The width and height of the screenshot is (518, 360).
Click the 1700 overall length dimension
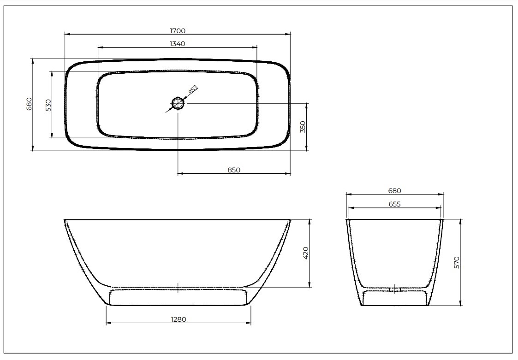click(x=177, y=30)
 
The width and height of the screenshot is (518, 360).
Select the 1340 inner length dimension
click(x=177, y=44)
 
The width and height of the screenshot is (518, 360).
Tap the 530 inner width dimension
click(x=48, y=105)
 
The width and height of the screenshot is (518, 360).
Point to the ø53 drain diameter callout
click(x=192, y=89)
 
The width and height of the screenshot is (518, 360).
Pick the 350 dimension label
click(x=303, y=127)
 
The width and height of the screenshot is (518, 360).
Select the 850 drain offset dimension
click(x=234, y=170)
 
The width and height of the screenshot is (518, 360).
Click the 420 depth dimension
click(x=305, y=253)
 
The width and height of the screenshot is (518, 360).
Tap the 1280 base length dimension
click(x=178, y=319)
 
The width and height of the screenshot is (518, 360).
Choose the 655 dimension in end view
click(x=394, y=204)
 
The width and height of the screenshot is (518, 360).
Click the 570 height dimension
click(x=457, y=262)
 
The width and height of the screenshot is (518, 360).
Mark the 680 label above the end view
click(x=394, y=190)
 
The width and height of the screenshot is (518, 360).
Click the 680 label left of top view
click(x=29, y=104)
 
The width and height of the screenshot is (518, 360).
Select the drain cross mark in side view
click(x=178, y=288)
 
